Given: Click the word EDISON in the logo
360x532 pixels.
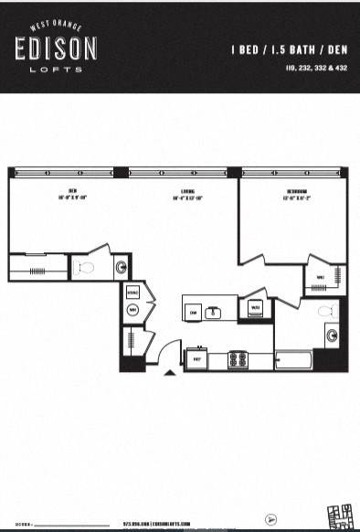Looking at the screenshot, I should point(56,49).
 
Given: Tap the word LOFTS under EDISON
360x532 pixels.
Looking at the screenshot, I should point(56,69).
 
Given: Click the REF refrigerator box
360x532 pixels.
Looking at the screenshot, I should point(196,360).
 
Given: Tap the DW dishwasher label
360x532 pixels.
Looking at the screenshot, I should point(194,313).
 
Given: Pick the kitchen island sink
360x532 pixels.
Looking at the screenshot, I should point(217,313).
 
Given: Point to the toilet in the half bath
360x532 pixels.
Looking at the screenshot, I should point(86,267).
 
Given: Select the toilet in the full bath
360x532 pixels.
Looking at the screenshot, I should point(326,313).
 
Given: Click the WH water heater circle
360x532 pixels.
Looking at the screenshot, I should point(132,311).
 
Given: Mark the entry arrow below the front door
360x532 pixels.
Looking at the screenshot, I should point(168,373).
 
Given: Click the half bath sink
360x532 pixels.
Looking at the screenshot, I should point(121,267).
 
